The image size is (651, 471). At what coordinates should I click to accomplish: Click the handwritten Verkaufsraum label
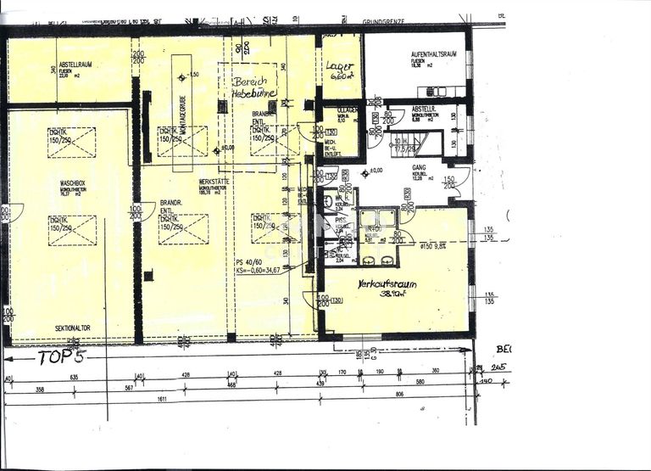[387, 284]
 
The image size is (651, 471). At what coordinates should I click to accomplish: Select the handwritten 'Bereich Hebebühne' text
[247, 88]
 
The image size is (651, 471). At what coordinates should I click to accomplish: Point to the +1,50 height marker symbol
[181, 76]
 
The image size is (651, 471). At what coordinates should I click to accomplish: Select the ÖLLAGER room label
[348, 110]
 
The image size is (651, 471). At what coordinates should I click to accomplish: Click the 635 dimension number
[74, 378]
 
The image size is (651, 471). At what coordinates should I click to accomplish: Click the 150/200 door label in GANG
[450, 183]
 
